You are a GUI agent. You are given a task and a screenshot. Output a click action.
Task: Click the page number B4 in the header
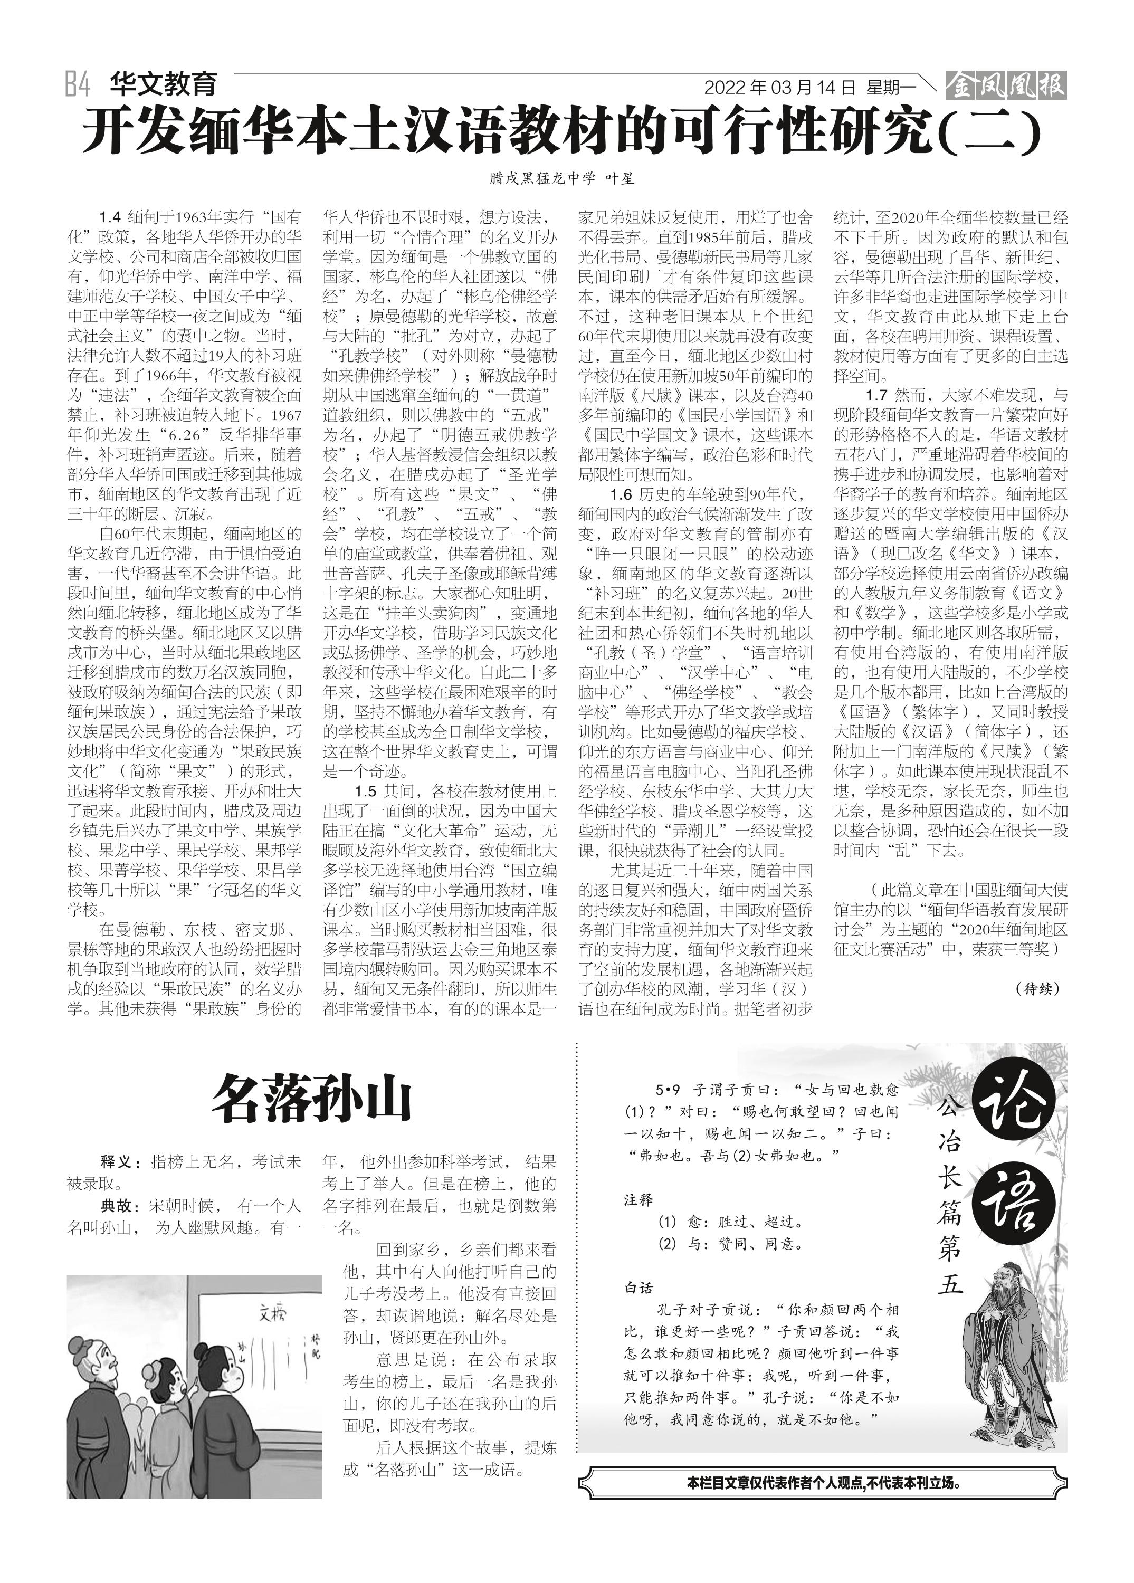pos(78,85)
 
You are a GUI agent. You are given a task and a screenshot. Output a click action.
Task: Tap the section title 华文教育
pos(163,84)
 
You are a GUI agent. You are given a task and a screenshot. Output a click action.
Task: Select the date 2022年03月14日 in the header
pos(779,88)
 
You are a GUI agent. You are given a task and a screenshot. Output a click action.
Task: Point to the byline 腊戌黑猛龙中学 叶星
pos(563,179)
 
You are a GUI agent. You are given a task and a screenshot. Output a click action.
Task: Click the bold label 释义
pos(115,1162)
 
